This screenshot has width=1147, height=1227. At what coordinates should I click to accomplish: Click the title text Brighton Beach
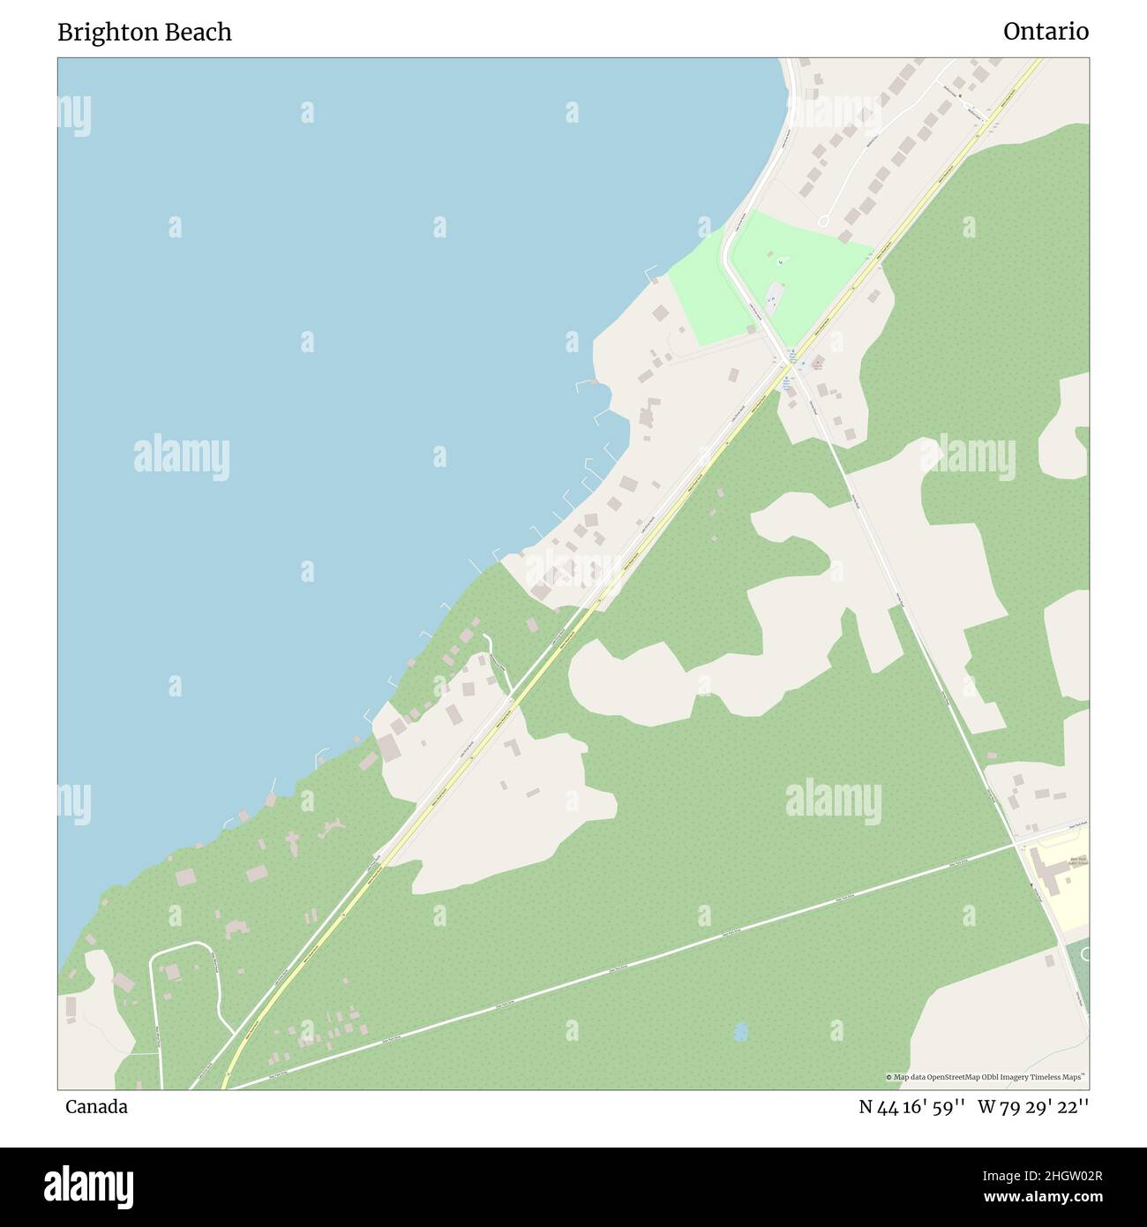tap(145, 32)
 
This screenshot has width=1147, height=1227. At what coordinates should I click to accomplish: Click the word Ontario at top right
tap(1046, 32)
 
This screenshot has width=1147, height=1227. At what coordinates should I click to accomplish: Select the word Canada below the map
tap(96, 1107)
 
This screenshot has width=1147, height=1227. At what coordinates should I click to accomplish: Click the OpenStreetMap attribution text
tap(986, 1077)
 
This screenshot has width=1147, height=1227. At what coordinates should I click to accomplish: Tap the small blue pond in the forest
tap(739, 1030)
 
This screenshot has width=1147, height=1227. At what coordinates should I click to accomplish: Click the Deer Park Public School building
tap(1051, 875)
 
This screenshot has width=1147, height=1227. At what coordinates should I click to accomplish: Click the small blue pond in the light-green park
tap(780, 261)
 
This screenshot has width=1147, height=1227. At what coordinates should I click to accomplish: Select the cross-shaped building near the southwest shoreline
tap(293, 842)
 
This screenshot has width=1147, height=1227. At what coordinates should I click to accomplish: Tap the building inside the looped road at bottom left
tap(172, 972)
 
